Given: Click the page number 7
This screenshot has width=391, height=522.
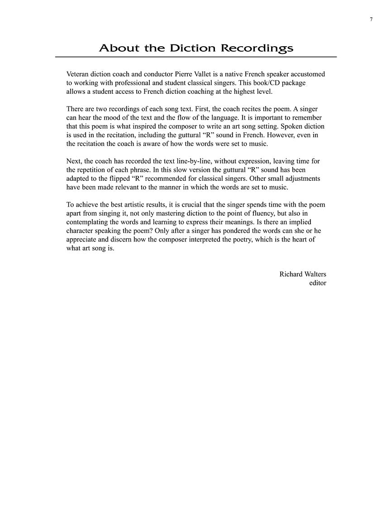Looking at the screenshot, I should pyautogui.click(x=371, y=19).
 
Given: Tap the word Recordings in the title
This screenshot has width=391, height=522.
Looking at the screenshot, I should pyautogui.click(x=257, y=48).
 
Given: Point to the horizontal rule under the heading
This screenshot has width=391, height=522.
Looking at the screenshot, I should pyautogui.click(x=195, y=57).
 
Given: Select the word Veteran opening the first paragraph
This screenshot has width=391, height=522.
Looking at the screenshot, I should pyautogui.click(x=78, y=74).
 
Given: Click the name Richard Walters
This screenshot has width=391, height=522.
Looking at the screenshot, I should pyautogui.click(x=302, y=274).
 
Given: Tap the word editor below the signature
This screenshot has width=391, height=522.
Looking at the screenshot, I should pyautogui.click(x=317, y=283).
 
